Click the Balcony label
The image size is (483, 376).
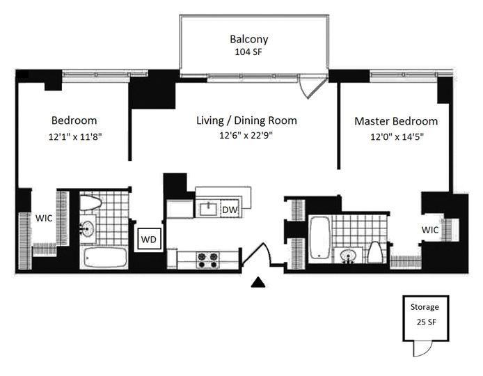(248, 40)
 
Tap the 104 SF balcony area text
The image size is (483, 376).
(248, 52)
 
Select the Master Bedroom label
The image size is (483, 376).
(396, 121)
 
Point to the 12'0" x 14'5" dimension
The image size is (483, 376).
(396, 136)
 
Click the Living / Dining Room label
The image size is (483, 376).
(247, 120)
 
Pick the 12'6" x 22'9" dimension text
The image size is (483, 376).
(247, 136)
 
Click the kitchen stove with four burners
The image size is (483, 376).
(207, 259)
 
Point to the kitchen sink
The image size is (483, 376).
(207, 207)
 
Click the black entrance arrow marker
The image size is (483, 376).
(258, 282)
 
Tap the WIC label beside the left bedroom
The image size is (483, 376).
(45, 218)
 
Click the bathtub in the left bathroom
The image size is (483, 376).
(105, 258)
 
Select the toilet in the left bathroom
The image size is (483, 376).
(91, 203)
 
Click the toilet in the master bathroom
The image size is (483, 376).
(374, 252)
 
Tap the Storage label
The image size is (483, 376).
(424, 306)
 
